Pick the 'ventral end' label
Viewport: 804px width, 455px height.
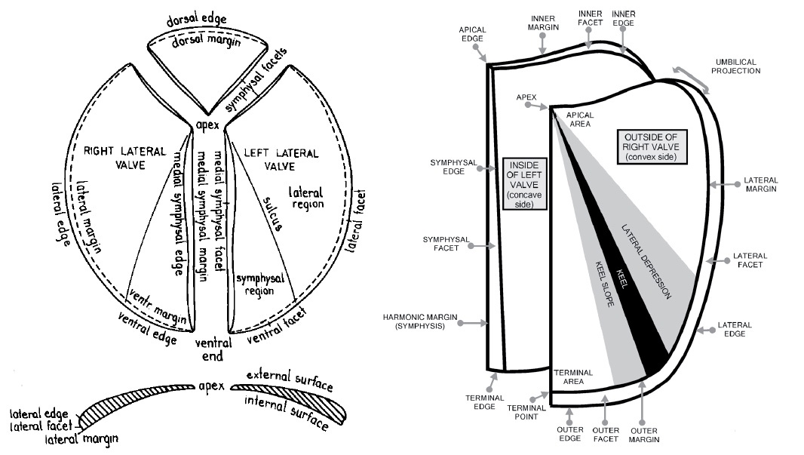209,351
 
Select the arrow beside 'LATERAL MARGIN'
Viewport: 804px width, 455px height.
725,184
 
